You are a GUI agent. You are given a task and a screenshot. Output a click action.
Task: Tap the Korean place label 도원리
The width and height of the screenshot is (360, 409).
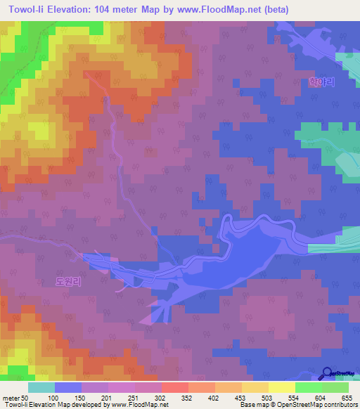pos(68,280)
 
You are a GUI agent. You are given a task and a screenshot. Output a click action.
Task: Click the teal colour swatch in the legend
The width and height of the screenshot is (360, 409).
pos(41,387)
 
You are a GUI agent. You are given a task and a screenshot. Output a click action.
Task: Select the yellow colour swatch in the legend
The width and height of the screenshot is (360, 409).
pos(281,387)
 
